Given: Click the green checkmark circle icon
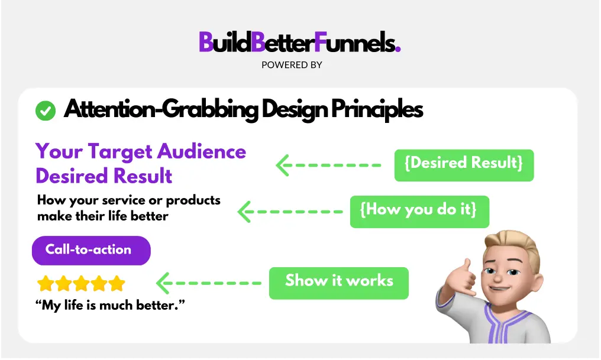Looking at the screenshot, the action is point(45,111).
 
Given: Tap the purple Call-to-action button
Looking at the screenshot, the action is point(91,251).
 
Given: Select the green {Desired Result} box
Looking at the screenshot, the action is point(464,165).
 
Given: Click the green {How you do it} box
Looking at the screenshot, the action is point(419,212).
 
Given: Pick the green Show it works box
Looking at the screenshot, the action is point(339,283).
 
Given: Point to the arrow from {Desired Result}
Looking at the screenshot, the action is point(328,165).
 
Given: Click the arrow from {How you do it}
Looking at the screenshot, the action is point(290,212).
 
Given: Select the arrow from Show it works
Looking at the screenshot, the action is point(208,283).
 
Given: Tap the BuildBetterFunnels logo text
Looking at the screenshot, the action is point(300,42).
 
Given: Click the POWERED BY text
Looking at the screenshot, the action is point(292,65).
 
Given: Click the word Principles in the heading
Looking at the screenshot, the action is point(377,109).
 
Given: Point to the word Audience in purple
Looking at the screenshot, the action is point(202,151).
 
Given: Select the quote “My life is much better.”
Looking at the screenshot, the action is point(110,305).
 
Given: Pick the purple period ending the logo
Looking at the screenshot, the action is point(398,49).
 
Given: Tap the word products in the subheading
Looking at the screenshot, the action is point(193,200).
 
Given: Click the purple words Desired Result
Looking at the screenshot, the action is point(104,176).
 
